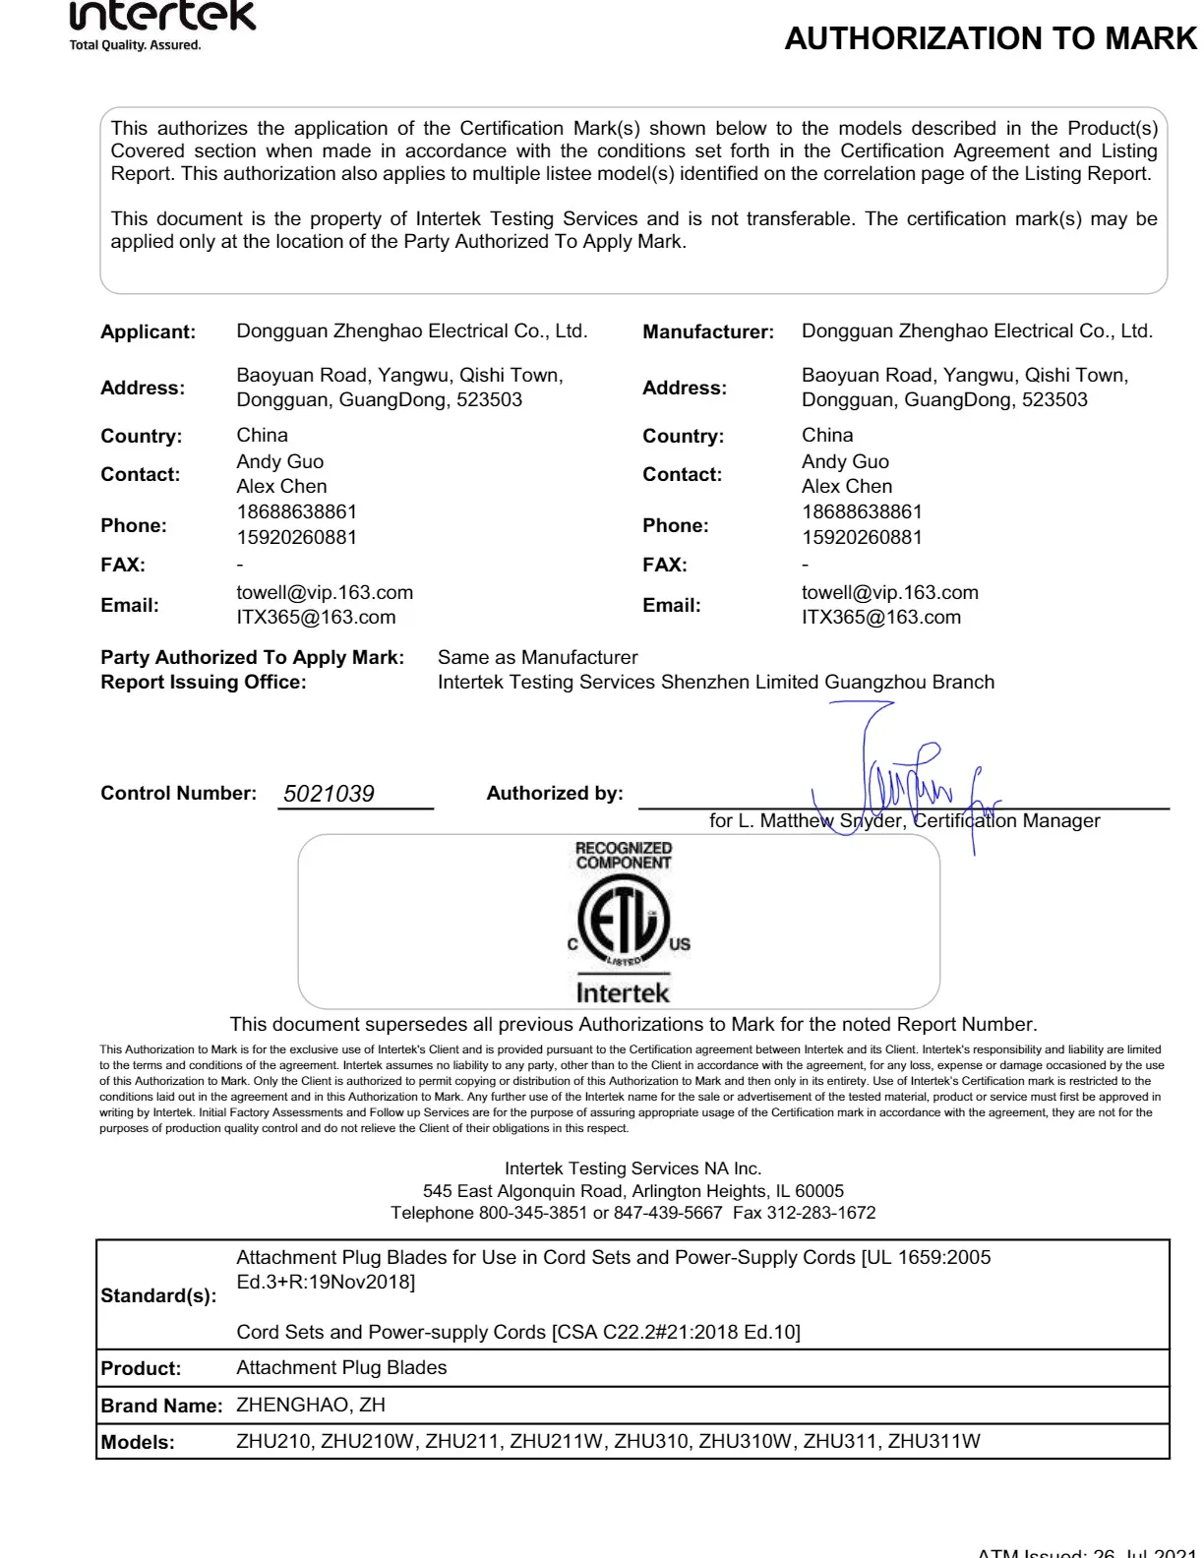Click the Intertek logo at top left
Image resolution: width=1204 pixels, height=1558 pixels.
[162, 22]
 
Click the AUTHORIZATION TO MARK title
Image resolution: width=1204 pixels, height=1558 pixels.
[991, 38]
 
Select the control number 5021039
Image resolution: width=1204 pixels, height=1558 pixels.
[329, 794]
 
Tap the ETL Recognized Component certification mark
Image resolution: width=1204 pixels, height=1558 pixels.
[624, 923]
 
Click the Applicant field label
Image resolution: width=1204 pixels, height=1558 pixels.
[148, 332]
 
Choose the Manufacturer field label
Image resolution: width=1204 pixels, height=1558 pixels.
[708, 332]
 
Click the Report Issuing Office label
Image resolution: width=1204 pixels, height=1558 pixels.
[204, 683]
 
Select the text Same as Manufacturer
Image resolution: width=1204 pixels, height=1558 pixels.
[537, 658]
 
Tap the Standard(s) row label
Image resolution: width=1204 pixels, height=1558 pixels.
[158, 1295]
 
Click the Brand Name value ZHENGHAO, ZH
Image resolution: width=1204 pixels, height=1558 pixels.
[311, 1406]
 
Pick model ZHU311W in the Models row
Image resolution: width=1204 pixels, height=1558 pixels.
[933, 1442]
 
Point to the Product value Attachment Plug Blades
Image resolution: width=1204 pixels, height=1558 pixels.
[341, 1368]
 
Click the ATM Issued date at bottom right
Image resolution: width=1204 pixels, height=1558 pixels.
[1086, 1551]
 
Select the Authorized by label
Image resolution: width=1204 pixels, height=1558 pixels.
[555, 794]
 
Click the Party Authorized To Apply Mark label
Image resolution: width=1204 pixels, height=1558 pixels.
[252, 658]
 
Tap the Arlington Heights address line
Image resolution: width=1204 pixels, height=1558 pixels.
[632, 1191]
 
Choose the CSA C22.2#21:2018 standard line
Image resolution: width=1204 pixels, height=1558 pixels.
[518, 1333]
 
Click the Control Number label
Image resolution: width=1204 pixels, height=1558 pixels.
[178, 794]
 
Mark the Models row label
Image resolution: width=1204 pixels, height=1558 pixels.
[138, 1443]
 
